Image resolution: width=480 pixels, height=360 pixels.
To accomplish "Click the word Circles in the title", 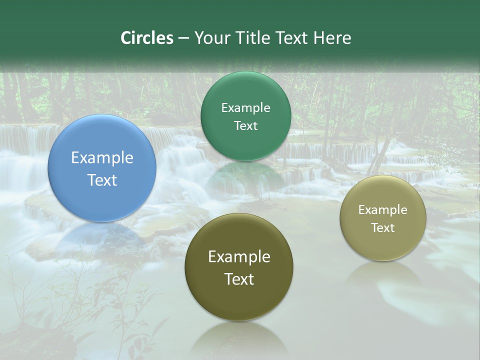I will point(146,38).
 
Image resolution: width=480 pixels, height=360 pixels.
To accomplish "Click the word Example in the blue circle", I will point(102,158).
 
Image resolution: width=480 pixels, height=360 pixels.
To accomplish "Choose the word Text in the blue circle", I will point(102,180).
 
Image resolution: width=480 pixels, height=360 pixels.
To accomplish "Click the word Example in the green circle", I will point(245,108).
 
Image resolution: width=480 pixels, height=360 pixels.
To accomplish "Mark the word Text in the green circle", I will point(245,126).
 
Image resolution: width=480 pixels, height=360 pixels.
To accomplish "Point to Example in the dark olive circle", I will point(239,257).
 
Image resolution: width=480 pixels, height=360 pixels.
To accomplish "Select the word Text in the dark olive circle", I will point(239,279).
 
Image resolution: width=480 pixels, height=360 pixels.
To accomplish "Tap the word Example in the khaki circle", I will point(383,210).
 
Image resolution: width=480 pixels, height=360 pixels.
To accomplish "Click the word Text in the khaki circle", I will point(383,228).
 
